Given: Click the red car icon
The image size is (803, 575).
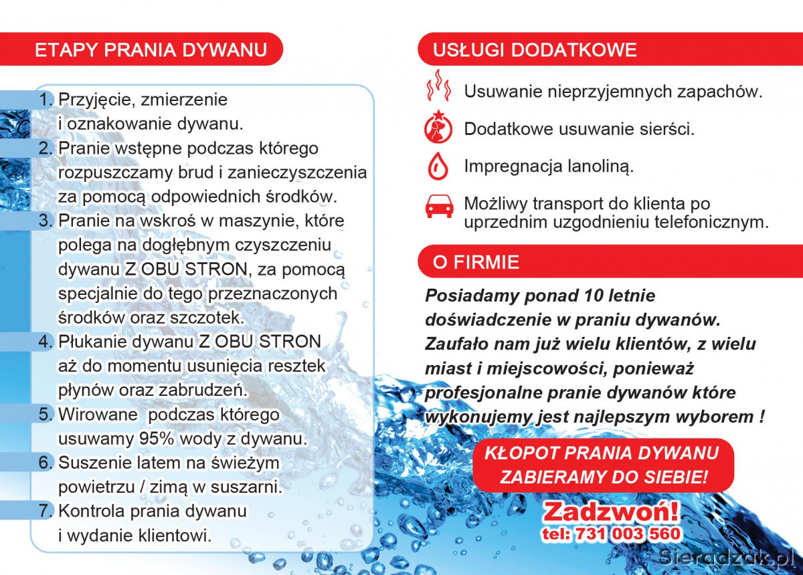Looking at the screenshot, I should click(439, 207).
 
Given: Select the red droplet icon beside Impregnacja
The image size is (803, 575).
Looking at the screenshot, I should click(438, 167).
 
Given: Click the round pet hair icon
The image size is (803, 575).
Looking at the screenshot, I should click(438, 128).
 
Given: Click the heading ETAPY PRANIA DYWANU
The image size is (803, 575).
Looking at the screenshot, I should click(151, 50).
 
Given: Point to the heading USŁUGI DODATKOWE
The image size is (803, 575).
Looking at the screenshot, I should click(535, 50).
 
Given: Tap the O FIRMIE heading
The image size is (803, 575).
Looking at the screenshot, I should click(476, 262).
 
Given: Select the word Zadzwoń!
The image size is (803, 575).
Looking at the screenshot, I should click(610, 511).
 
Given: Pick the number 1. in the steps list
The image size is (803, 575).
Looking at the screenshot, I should click(46, 100).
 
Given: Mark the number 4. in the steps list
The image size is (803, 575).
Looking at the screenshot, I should click(46, 342).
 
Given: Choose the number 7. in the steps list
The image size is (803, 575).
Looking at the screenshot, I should click(46, 511).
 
